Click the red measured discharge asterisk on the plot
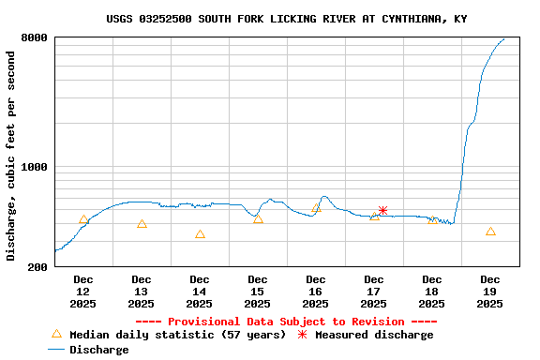coord(382,211)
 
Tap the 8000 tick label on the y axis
coord(35,38)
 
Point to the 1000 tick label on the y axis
coord(35,168)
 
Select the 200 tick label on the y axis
coord(38,267)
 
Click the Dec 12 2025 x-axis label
coord(83,292)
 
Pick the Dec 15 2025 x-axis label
coord(258,292)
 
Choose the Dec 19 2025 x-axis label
coord(490,292)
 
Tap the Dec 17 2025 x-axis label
coord(374,292)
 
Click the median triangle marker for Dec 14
coord(200,234)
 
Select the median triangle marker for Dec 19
coord(490,232)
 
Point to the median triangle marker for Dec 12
coord(83,219)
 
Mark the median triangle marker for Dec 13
coord(142,224)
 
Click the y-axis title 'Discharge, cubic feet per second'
coord(11,156)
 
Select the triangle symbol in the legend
coord(56,334)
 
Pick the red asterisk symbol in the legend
coord(302,335)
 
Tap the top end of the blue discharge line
coord(504,39)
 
